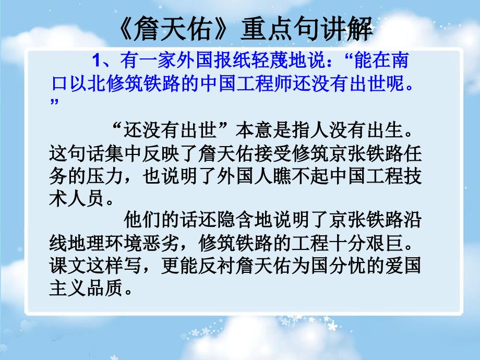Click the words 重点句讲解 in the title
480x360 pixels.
pyautogui.click(x=306, y=29)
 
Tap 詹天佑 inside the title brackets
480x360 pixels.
pyautogui.click(x=172, y=29)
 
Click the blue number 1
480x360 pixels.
pyautogui.click(x=96, y=61)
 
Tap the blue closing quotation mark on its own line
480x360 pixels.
pyautogui.click(x=55, y=101)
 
